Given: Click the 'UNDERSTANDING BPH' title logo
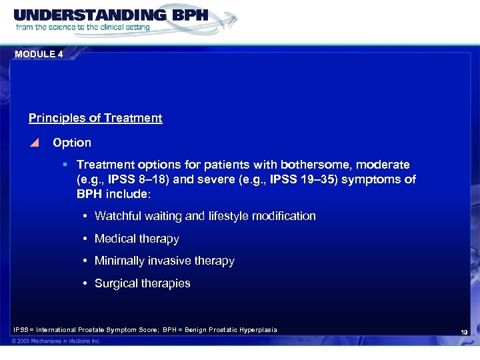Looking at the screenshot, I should tap(111, 15).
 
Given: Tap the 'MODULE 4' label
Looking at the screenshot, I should tap(38, 55).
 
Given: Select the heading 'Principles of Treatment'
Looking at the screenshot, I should tap(95, 118).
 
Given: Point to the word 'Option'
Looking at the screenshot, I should tap(72, 143).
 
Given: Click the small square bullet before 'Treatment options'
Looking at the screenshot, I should tap(65, 164).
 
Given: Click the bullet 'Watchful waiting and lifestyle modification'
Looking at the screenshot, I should tap(205, 216).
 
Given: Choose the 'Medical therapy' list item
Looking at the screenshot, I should tap(137, 239).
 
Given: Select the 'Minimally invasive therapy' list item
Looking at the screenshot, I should tap(164, 261).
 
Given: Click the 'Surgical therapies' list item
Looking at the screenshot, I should tap(142, 283).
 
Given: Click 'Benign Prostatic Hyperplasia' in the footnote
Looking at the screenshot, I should tap(233, 329).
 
